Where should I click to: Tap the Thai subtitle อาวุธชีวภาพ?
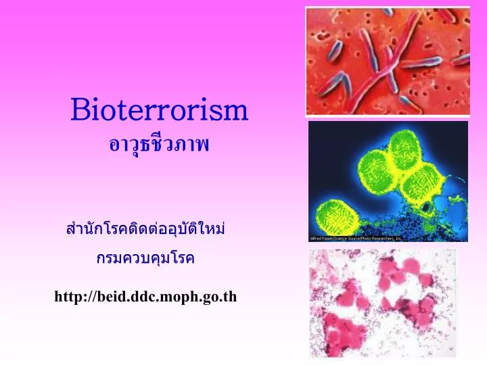(x=160, y=143)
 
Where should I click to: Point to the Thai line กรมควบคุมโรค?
(x=145, y=259)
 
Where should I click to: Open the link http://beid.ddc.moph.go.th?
(x=145, y=296)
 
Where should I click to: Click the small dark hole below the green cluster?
(x=425, y=206)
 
